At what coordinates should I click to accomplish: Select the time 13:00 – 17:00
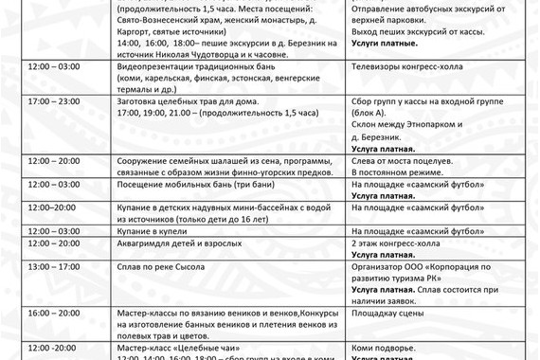[x=54, y=268]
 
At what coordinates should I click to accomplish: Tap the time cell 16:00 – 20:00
[x=54, y=311]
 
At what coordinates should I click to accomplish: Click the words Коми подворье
[x=383, y=348]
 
